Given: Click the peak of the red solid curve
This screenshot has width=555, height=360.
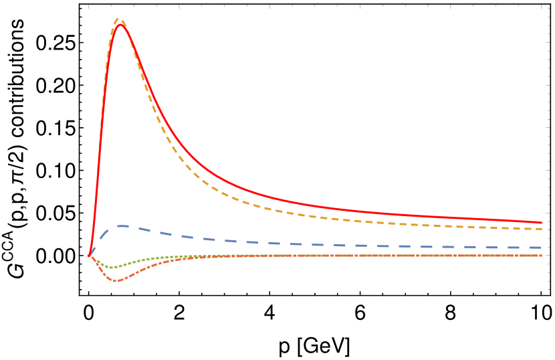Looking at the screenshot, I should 120,25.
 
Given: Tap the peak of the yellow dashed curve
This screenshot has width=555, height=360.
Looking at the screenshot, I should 119,19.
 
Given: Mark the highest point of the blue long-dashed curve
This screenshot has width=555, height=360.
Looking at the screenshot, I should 120,226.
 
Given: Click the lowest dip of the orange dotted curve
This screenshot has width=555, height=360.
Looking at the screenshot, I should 116,281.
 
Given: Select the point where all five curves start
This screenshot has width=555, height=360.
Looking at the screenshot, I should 89,256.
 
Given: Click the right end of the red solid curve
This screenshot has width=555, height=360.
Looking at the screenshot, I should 541,222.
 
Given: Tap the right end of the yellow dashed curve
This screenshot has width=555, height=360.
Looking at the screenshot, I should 541,229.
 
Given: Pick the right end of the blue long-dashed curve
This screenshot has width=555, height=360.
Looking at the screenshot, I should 540,248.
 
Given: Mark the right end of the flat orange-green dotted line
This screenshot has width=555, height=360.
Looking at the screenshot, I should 541,256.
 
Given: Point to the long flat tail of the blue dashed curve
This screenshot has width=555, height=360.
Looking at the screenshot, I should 401,246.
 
